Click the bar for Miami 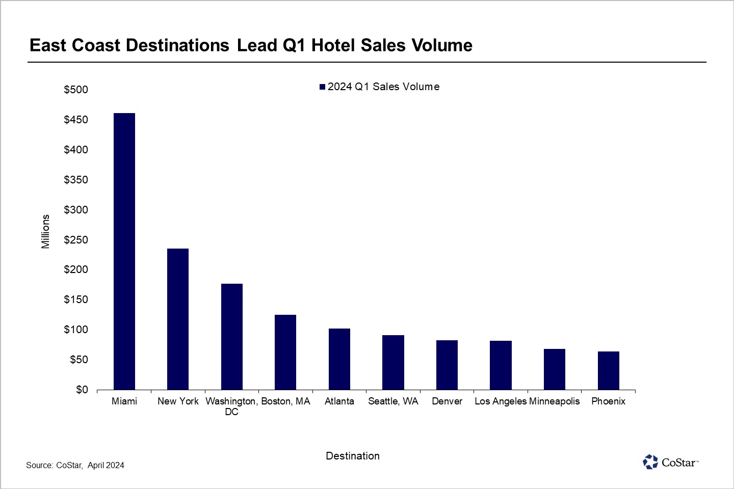[x=124, y=251]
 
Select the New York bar [x=178, y=319]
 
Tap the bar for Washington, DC [x=232, y=337]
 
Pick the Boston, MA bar [x=285, y=352]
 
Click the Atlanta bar [x=339, y=359]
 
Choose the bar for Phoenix [x=609, y=370]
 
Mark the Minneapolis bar [x=555, y=369]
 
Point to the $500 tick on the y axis [x=76, y=90]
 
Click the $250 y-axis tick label [x=76, y=240]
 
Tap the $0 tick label [x=82, y=390]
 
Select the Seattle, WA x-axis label [x=393, y=401]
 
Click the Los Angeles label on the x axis [x=500, y=401]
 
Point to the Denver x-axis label [x=447, y=401]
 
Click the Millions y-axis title [x=46, y=231]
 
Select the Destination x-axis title [x=353, y=456]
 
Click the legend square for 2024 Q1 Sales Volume [x=322, y=87]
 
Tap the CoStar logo [x=670, y=462]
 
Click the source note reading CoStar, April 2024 [x=75, y=465]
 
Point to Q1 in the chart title [x=294, y=45]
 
